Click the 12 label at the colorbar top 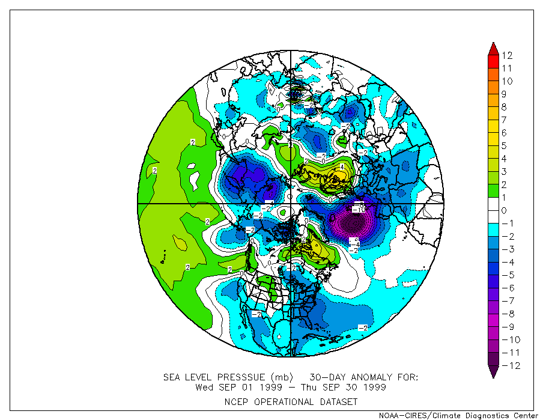(508, 55)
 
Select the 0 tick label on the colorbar (505, 210)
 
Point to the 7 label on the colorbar (505, 120)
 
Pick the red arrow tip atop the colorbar (493, 47)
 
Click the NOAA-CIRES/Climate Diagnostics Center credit (458, 415)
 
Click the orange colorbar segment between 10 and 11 (493, 75)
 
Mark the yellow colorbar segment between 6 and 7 (493, 126)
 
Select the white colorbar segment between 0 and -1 (493, 217)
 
